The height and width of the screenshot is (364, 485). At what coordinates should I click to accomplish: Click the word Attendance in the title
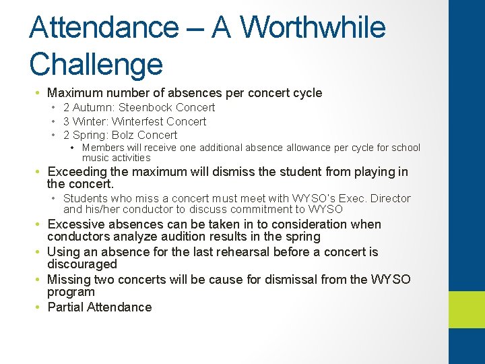click(x=103, y=27)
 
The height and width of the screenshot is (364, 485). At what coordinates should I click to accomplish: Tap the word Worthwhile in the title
click(x=313, y=27)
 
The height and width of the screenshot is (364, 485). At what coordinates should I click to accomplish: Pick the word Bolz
click(x=125, y=135)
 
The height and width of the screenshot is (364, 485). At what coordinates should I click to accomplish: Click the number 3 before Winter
click(x=67, y=121)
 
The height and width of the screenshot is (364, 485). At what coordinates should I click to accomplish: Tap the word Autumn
click(x=94, y=108)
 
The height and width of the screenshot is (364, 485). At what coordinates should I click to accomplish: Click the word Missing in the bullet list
click(x=69, y=279)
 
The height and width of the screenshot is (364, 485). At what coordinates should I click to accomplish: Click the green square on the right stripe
click(x=467, y=309)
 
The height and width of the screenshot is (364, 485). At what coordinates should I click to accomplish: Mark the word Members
click(x=103, y=148)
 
